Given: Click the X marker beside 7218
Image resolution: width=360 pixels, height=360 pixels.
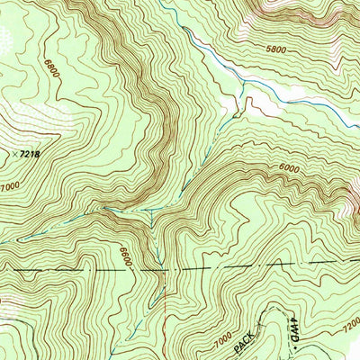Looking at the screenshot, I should click(x=17, y=156).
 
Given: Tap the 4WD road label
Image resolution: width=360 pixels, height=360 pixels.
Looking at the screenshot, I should click(x=292, y=331).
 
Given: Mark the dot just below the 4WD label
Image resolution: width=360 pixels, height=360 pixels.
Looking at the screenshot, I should click(x=292, y=350).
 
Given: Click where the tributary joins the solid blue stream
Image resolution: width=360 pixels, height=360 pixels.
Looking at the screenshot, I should click(x=243, y=85).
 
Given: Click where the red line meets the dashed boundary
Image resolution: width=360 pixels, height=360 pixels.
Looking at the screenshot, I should click(x=162, y=268).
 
